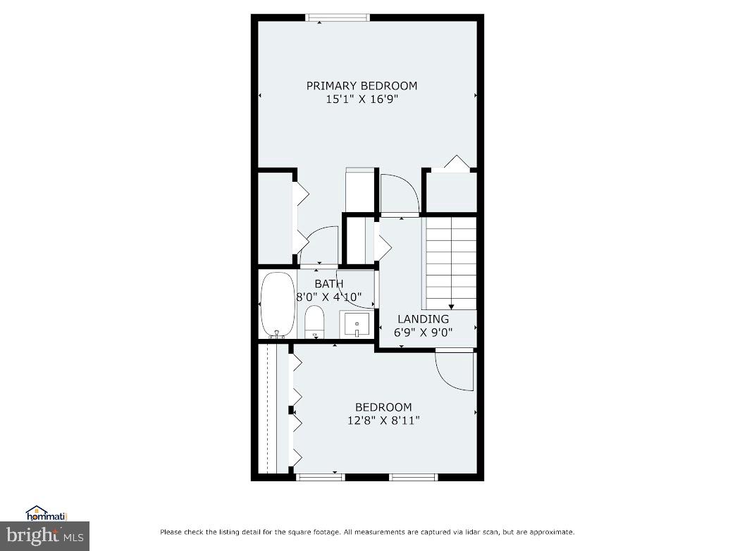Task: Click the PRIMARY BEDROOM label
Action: tap(362, 86)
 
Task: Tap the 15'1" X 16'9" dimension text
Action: tap(362, 100)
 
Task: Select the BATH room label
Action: tap(329, 284)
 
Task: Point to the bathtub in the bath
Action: tap(277, 305)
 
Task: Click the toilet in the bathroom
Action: tap(314, 322)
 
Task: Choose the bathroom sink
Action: tap(356, 325)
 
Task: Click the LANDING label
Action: tap(423, 319)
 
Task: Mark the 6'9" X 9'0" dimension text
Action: tap(423, 333)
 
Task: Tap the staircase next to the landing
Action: tap(450, 263)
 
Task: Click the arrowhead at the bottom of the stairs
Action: tap(451, 307)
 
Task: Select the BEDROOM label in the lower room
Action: tap(383, 407)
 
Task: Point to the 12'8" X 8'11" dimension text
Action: tap(383, 421)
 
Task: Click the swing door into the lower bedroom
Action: tap(454, 371)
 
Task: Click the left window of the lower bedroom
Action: tap(320, 477)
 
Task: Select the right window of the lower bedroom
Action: tap(414, 477)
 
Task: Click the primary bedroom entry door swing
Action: tap(399, 193)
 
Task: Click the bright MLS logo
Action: tap(45, 536)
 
